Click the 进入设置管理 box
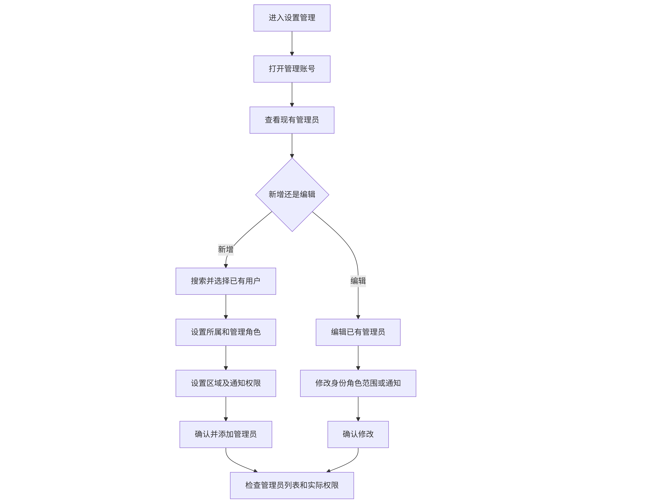(x=292, y=18)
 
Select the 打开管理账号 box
(x=292, y=69)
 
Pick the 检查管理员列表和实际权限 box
(x=292, y=485)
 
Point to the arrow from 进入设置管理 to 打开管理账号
(x=292, y=43)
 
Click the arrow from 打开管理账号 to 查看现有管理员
(x=292, y=95)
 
